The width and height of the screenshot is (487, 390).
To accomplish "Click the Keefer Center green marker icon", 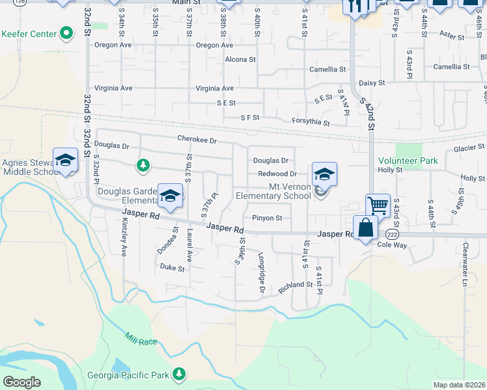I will pos(66,33).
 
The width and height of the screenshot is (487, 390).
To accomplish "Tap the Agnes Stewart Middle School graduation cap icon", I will pos(65,161).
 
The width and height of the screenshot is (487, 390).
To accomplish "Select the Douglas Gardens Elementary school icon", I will pos(170,195).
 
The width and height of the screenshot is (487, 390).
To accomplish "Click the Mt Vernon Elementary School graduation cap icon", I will pos(324,174).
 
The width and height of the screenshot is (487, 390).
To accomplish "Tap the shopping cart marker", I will pos(378,205).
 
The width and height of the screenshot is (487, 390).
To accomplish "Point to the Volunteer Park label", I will pos(409,161).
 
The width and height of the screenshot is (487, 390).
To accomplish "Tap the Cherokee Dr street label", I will pos(197,139).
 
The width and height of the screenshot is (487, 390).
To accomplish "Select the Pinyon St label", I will pos(267,218).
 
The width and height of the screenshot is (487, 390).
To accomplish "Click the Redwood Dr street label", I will pos(277,174).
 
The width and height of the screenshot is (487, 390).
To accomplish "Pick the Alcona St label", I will pos(240,59).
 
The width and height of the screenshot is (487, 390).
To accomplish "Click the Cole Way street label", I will pos(391,246).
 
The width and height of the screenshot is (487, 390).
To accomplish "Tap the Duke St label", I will pos(173,266).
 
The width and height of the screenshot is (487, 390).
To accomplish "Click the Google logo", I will pos(21,382).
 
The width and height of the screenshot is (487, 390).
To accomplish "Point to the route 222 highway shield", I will pos(391,233).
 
